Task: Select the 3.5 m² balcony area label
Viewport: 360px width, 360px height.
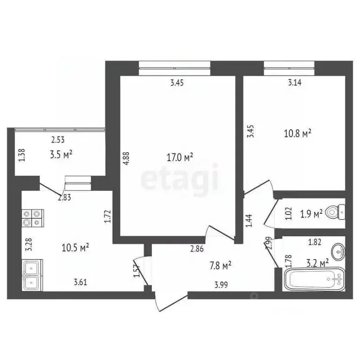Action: click(61, 154)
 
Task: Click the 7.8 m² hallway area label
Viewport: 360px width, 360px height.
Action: click(220, 266)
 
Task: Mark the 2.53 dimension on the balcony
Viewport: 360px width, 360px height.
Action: click(58, 139)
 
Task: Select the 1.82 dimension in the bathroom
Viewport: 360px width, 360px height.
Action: click(315, 242)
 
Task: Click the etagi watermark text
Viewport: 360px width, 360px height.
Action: click(180, 178)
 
